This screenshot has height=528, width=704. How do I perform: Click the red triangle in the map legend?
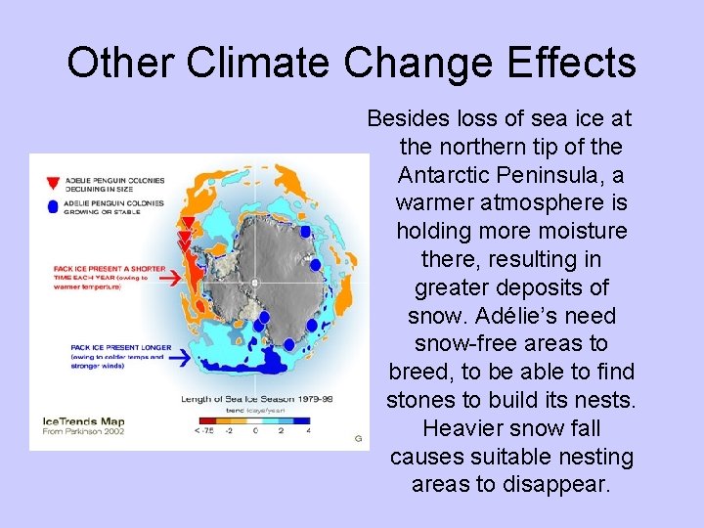(53, 183)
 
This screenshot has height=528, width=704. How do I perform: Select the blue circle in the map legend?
(53, 205)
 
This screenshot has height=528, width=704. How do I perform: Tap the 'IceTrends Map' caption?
(83, 422)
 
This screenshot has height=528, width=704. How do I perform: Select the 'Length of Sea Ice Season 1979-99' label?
(256, 398)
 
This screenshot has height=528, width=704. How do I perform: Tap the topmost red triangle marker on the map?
(187, 224)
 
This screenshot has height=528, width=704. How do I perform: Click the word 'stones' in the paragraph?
(428, 401)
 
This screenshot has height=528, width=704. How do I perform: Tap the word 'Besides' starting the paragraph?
(408, 118)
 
